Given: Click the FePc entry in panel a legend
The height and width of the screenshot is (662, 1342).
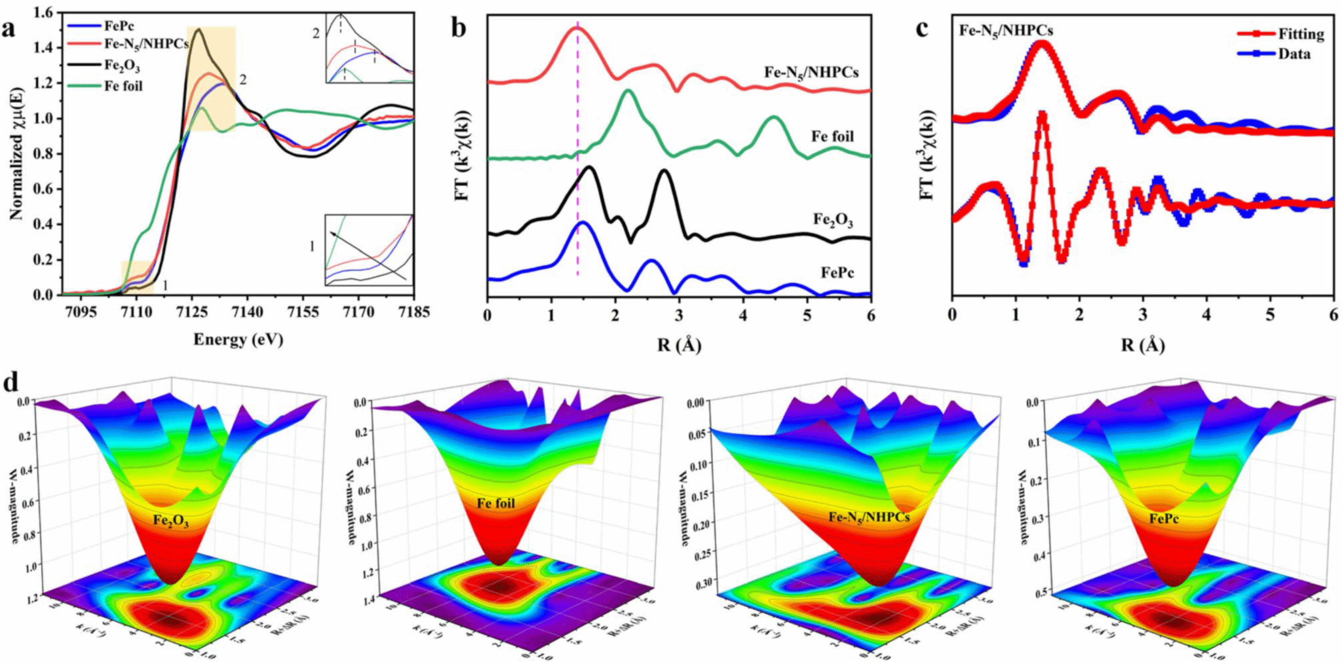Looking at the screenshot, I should click(117, 26).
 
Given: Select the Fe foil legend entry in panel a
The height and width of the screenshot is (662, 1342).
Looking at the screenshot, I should click(123, 86).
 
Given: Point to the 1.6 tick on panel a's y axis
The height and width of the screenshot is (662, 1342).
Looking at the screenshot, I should click(43, 12).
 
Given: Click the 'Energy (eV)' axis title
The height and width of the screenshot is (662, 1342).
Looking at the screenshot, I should click(238, 340).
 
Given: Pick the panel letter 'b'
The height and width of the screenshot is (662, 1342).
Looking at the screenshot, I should click(459, 28).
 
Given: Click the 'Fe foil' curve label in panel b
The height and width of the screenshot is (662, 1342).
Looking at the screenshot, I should click(832, 137).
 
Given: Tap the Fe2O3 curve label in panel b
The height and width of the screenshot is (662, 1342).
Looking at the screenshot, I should click(833, 220).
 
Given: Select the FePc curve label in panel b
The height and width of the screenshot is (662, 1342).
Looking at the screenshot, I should click(837, 272).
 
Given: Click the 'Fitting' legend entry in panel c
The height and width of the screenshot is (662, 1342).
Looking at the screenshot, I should click(1301, 34).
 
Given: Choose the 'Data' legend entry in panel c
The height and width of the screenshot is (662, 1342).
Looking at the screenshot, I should click(1294, 54).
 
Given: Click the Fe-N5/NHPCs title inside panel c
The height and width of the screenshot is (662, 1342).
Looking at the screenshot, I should click(1006, 31).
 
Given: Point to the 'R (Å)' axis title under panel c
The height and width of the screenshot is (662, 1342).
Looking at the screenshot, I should click(1143, 345).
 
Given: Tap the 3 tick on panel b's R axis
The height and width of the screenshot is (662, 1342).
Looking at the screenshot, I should click(679, 316).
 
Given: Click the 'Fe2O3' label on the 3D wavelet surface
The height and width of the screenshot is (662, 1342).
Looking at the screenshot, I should click(171, 522).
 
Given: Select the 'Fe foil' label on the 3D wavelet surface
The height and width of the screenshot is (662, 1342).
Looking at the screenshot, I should click(495, 504).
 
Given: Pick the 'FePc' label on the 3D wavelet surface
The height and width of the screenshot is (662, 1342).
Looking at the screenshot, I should click(1164, 519).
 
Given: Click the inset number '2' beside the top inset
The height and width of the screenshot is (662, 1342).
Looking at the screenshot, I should click(315, 33).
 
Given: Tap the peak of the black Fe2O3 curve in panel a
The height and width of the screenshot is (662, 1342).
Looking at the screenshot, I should click(198, 29).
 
